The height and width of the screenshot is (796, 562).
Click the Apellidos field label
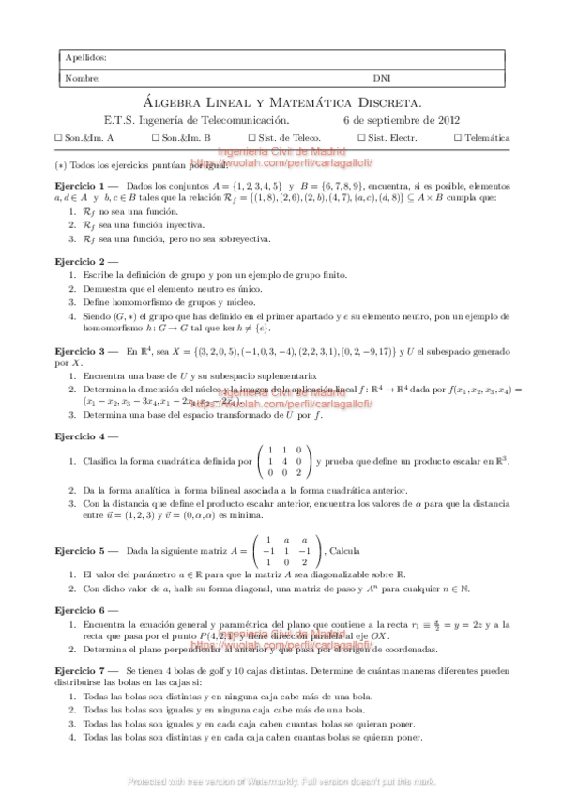click(x=80, y=58)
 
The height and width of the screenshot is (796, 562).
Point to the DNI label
click(x=383, y=79)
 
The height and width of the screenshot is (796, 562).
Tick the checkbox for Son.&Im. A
click(x=59, y=138)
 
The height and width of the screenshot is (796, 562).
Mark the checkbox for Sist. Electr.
click(x=362, y=138)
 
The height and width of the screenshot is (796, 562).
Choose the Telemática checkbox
click(x=458, y=138)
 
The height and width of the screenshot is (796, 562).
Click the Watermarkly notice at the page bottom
click(x=281, y=780)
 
